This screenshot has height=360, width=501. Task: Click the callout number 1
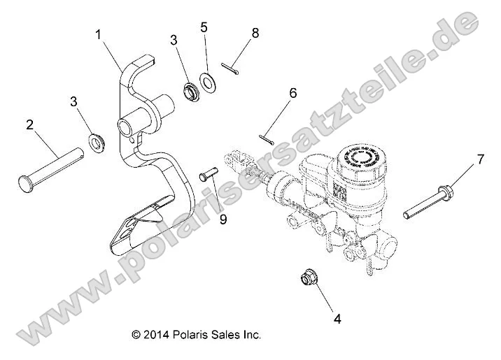99,33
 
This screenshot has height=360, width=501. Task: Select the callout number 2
29,125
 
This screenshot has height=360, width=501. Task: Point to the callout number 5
204,27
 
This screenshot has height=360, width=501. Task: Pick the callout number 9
223,219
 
